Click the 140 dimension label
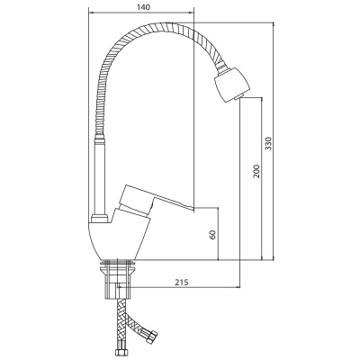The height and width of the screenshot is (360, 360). click(x=143, y=7)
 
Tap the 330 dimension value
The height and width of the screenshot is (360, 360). click(x=269, y=143)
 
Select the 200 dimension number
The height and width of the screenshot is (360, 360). click(x=256, y=171)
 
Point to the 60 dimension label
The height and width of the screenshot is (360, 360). click(x=212, y=235)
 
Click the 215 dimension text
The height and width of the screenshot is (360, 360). click(x=182, y=283)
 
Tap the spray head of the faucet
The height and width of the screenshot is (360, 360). click(x=232, y=85)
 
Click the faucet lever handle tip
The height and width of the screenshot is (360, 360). click(x=192, y=209)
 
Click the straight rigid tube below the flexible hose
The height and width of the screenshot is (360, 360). click(x=100, y=178)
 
